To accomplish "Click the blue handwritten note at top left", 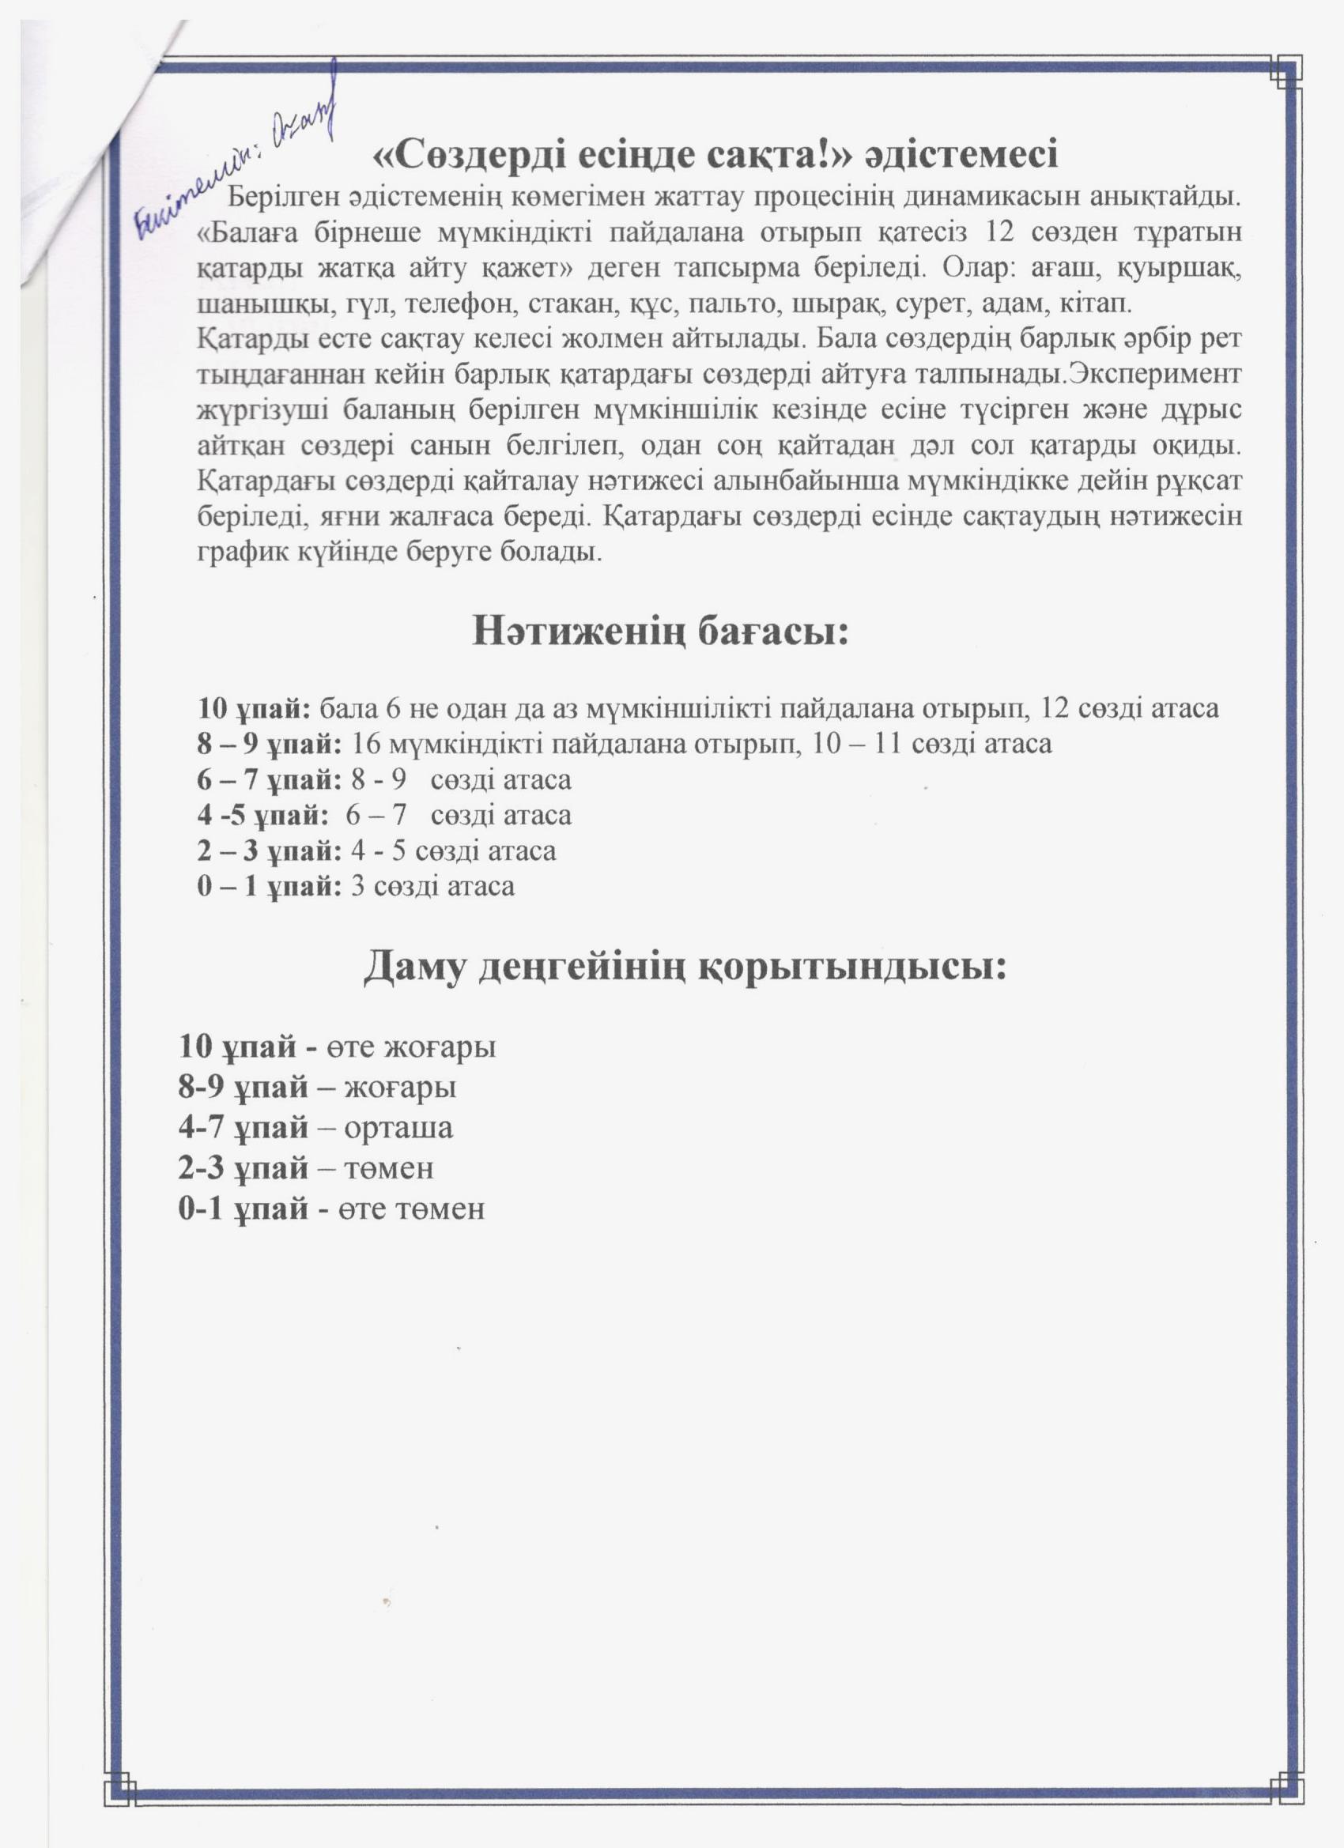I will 236,155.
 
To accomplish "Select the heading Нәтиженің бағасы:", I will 660,632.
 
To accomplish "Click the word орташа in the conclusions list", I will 398,1128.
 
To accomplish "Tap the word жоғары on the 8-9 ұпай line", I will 400,1088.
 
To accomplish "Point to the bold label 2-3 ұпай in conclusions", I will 243,1167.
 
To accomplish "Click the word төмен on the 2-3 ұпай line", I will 389,1167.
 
